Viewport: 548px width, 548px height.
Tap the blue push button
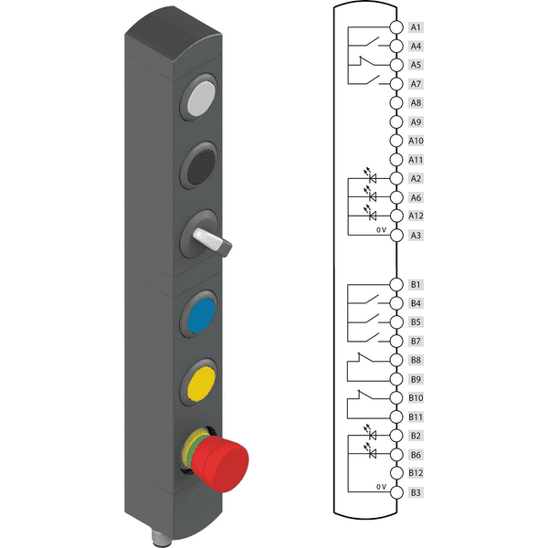[201, 315]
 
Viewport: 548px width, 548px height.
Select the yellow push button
[201, 384]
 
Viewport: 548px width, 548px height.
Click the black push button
[201, 166]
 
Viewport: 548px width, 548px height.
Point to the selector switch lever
[212, 242]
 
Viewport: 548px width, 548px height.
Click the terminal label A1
[416, 27]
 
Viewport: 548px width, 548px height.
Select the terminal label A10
[416, 141]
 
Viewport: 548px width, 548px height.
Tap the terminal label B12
[416, 473]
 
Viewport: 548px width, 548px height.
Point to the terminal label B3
[416, 492]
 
